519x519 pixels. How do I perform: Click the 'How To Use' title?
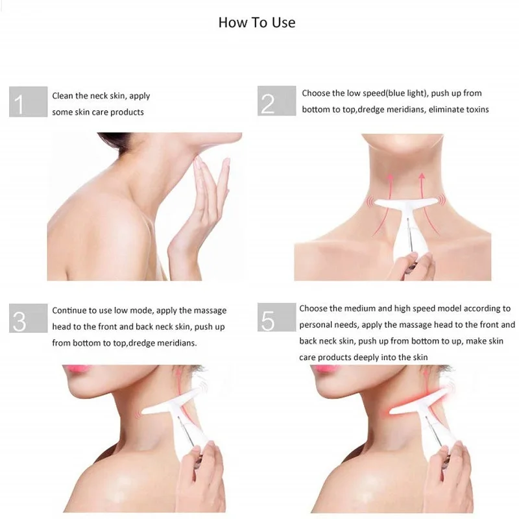256,23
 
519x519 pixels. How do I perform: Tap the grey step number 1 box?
28,102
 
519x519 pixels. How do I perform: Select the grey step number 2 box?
276,102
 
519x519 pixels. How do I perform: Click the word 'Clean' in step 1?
64,96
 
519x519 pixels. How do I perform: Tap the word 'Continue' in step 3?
69,311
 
